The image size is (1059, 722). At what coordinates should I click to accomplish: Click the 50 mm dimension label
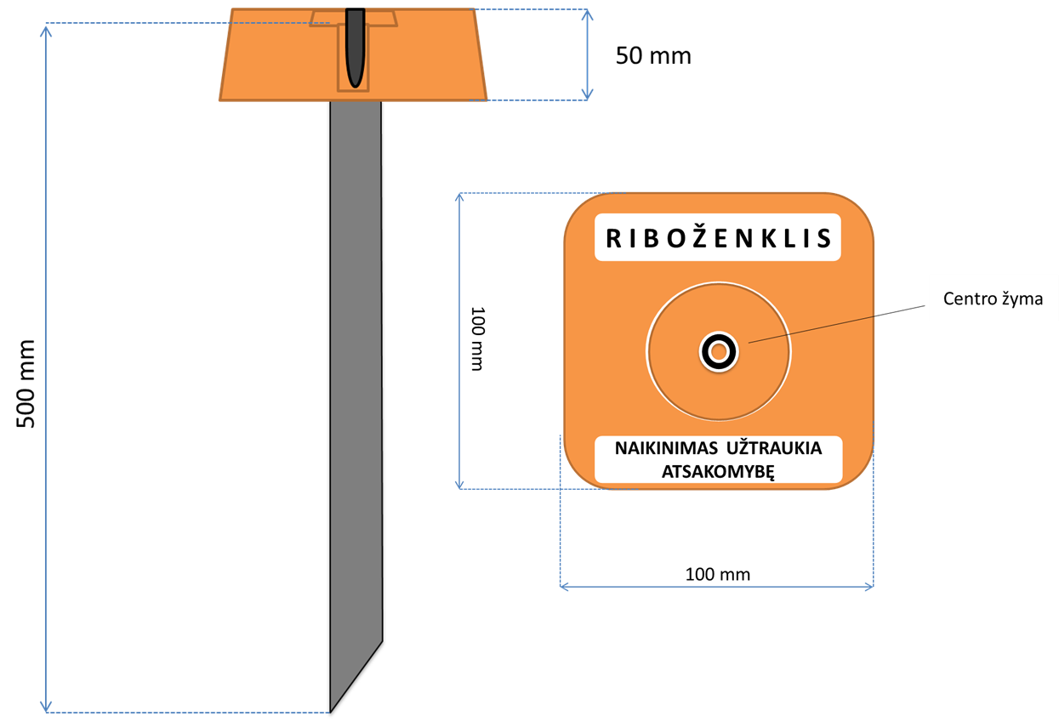652,56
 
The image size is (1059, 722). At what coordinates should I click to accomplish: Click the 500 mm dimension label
28,384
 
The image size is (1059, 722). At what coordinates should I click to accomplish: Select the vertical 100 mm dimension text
476,338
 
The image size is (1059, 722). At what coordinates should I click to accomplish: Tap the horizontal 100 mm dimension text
717,574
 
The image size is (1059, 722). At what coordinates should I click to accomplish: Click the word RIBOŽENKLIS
718,239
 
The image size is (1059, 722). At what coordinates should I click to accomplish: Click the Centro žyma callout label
993,298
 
